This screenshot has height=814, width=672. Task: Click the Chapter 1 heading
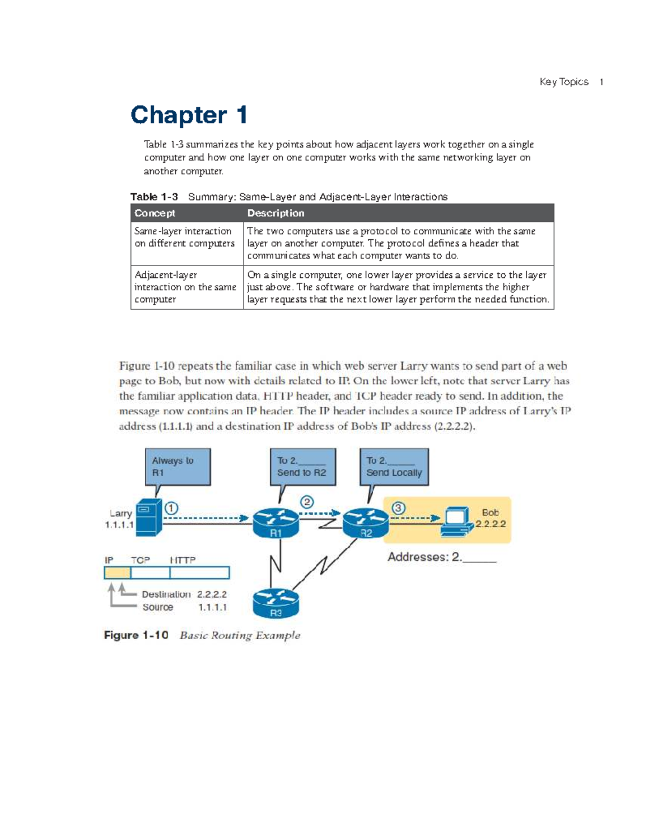189,115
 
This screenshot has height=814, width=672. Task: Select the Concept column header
155,213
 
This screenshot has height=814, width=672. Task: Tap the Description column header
276,213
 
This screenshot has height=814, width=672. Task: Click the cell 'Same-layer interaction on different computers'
184,238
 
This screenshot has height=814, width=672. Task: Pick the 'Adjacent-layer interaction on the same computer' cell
185,287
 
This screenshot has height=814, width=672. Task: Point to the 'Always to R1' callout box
178,466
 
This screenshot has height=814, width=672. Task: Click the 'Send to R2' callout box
302,466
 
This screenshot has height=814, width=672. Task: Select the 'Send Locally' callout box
394,466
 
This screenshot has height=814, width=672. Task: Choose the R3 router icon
276,603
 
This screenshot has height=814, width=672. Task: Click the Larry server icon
148,517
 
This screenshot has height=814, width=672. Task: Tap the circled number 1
171,508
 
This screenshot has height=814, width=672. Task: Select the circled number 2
306,502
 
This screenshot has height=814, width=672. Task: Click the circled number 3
398,508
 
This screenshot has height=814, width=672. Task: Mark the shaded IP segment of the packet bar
117,573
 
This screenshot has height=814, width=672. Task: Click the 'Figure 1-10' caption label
136,635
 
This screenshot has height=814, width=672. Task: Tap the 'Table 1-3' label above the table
154,197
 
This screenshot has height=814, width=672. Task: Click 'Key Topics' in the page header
564,82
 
